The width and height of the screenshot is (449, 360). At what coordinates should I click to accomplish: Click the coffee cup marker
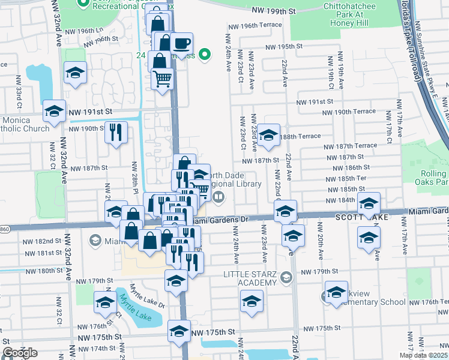tap(181, 43)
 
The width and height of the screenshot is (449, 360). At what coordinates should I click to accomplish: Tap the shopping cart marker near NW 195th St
tap(162, 78)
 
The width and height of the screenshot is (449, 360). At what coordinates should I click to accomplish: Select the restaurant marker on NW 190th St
tap(116, 131)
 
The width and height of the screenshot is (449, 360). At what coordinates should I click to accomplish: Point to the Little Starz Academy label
tap(250, 278)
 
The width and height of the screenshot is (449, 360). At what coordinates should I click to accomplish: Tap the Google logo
tap(20, 353)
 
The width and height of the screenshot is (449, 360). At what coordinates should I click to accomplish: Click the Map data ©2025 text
tap(424, 355)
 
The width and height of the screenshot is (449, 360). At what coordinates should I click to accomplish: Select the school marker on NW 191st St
tap(54, 111)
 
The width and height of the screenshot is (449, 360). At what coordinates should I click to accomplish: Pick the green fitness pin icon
tap(205, 56)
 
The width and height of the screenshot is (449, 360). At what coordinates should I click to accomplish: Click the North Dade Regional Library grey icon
tap(219, 196)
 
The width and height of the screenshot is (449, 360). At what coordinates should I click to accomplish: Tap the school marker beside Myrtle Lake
tap(105, 302)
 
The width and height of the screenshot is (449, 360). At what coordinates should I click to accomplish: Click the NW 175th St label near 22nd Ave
tap(322, 328)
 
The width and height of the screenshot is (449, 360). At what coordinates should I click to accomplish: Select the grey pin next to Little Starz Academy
tap(286, 277)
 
